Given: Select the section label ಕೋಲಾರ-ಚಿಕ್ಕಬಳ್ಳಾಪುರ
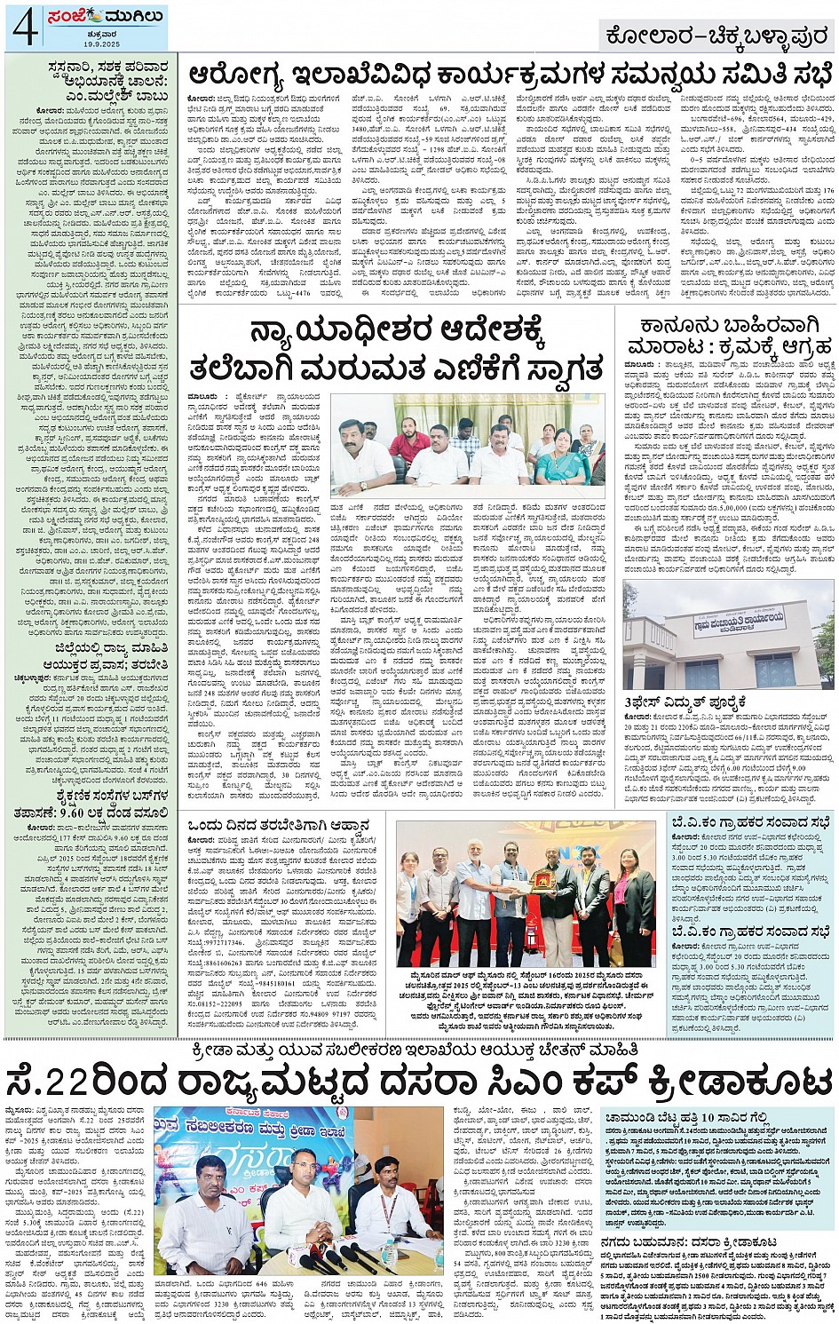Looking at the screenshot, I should pyautogui.click(x=716, y=36).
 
